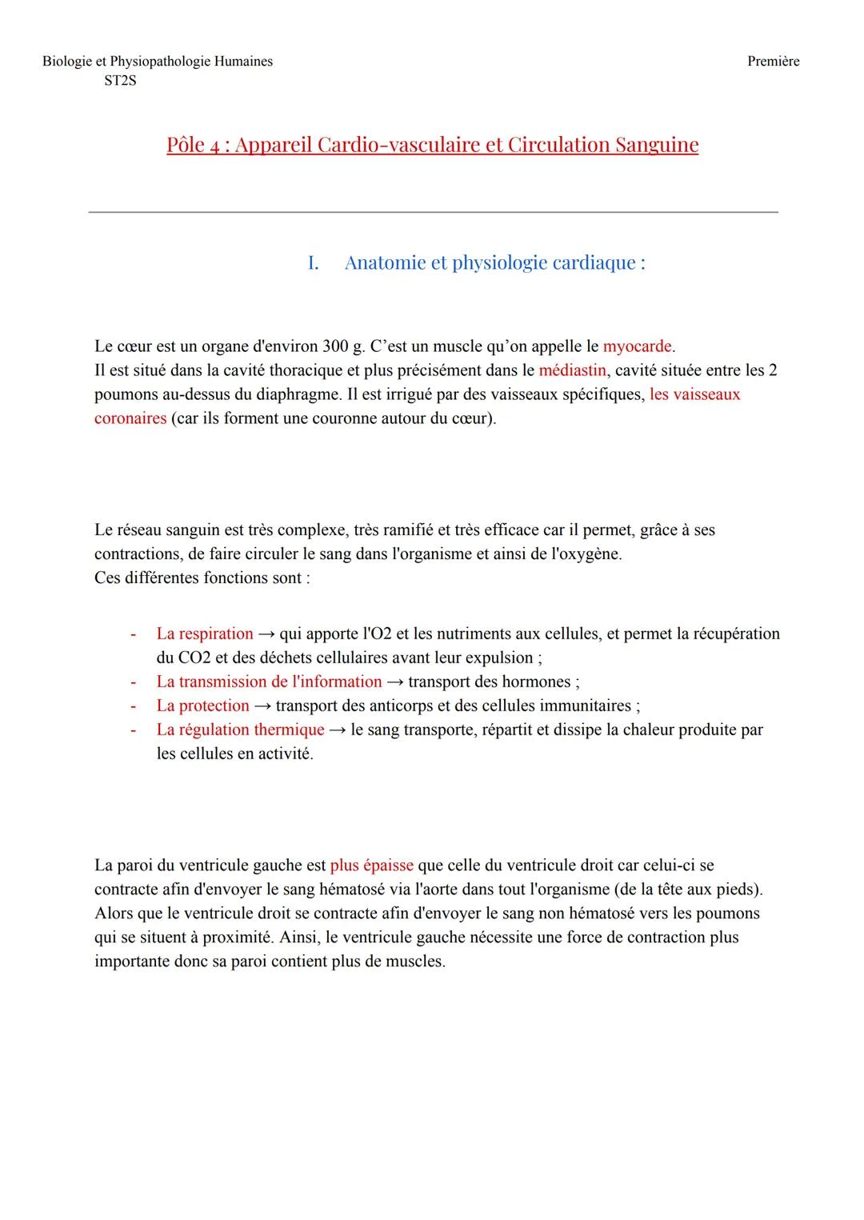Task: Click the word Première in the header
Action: (773, 62)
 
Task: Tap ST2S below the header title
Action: (120, 81)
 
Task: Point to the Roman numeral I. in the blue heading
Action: (313, 263)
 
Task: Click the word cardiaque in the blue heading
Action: (591, 263)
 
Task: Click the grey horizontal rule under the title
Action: (432, 212)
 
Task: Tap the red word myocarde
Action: (637, 346)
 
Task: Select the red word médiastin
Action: (572, 370)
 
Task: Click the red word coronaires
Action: (130, 418)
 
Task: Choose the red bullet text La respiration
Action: (205, 634)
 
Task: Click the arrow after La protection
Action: (262, 706)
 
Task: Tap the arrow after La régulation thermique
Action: (338, 730)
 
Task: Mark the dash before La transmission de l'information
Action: (134, 682)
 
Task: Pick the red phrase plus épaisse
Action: (371, 865)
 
